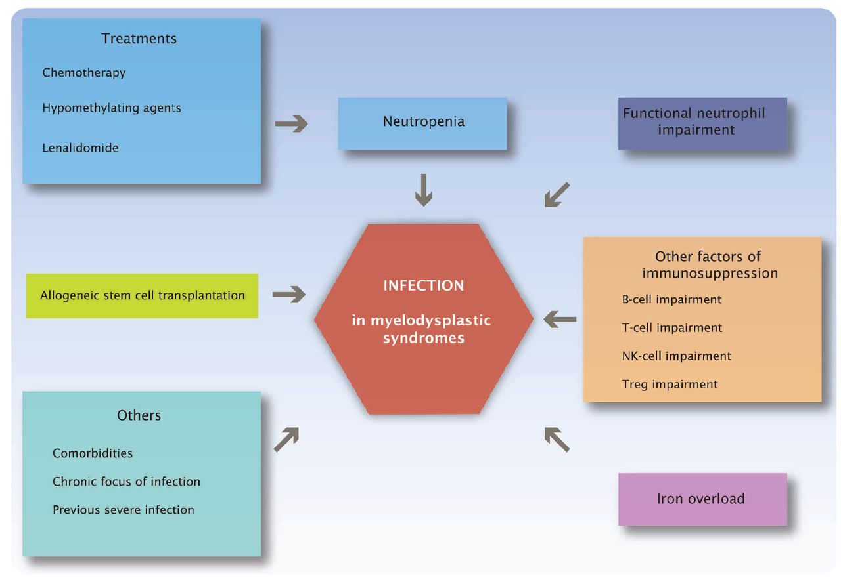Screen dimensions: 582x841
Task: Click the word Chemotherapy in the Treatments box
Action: point(84,72)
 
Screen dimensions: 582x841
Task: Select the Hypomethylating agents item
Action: point(112,108)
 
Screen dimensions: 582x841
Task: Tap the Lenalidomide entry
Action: point(81,148)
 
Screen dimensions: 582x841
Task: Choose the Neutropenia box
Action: point(422,123)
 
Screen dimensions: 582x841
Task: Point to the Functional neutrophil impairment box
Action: point(702,123)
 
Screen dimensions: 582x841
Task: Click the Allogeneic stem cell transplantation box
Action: point(142,296)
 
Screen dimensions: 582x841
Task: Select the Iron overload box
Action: point(702,499)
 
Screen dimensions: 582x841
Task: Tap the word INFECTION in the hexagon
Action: point(424,286)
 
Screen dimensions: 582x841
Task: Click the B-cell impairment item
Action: point(671,299)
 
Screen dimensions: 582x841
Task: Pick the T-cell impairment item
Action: point(671,327)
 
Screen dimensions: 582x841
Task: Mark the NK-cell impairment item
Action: point(676,356)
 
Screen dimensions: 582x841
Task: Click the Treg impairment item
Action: point(670,385)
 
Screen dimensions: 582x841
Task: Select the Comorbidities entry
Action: point(93,453)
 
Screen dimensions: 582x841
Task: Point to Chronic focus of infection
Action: point(126,482)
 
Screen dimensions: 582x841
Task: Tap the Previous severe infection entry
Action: point(124,510)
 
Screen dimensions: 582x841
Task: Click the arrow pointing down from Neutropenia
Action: point(424,192)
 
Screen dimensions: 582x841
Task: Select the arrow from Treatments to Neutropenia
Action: point(291,123)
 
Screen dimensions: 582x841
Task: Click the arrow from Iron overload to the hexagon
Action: point(557,439)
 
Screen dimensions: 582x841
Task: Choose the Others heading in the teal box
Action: point(139,415)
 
